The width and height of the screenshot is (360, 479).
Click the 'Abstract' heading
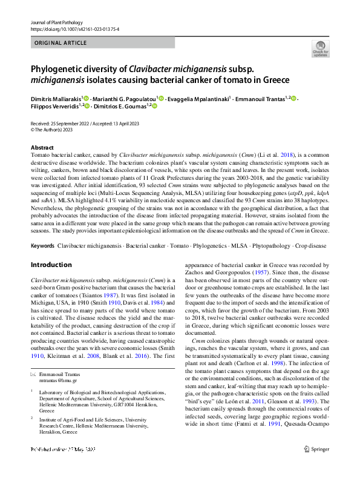(x=42, y=148)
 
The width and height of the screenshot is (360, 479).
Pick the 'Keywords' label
(x=42, y=247)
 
